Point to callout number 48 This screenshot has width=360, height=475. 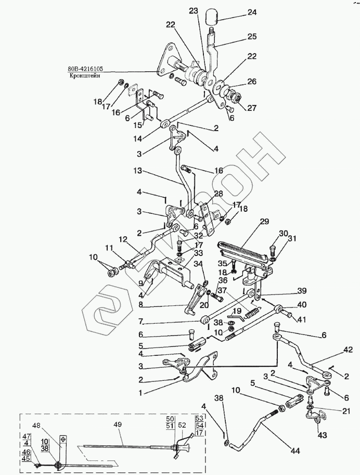click(52, 425)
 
